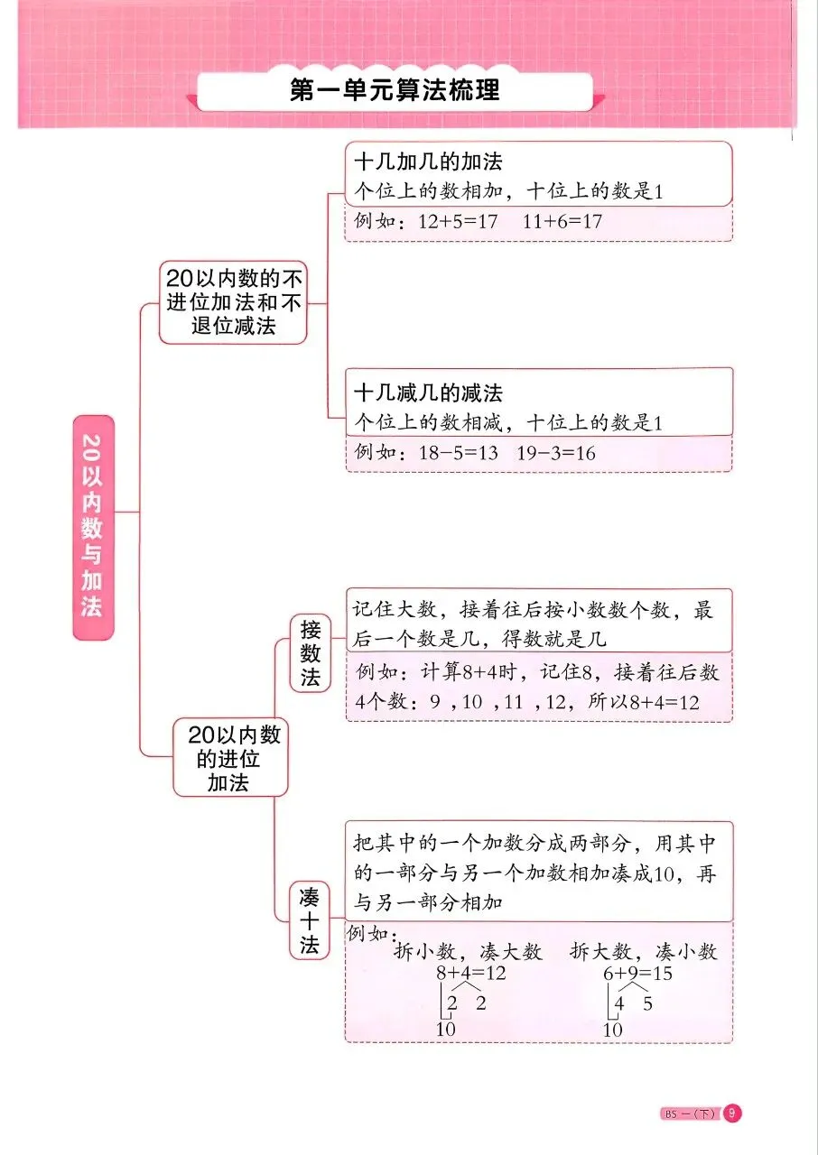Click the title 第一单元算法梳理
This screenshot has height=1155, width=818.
tap(395, 91)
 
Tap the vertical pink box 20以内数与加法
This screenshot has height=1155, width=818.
tap(93, 527)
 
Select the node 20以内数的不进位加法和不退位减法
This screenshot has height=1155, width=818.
tap(233, 302)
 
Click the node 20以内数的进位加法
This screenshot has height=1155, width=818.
tap(229, 757)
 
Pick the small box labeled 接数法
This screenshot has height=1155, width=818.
tap(311, 653)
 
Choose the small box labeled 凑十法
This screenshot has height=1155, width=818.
tap(310, 919)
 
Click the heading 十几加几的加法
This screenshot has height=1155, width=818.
tap(428, 162)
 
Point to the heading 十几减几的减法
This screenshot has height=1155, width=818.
tap(428, 393)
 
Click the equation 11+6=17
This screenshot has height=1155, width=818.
tap(562, 221)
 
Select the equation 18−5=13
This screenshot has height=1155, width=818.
tap(458, 453)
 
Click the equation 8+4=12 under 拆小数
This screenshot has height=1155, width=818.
tap(470, 975)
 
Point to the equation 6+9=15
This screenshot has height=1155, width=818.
tap(637, 975)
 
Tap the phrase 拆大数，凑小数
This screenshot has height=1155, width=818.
tap(643, 952)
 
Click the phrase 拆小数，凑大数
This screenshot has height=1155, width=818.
tap(468, 952)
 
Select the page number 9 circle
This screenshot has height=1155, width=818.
tap(732, 1113)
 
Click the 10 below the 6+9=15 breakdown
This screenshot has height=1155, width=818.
tap(613, 1030)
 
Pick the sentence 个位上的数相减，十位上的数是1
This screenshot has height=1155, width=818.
tap(509, 422)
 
